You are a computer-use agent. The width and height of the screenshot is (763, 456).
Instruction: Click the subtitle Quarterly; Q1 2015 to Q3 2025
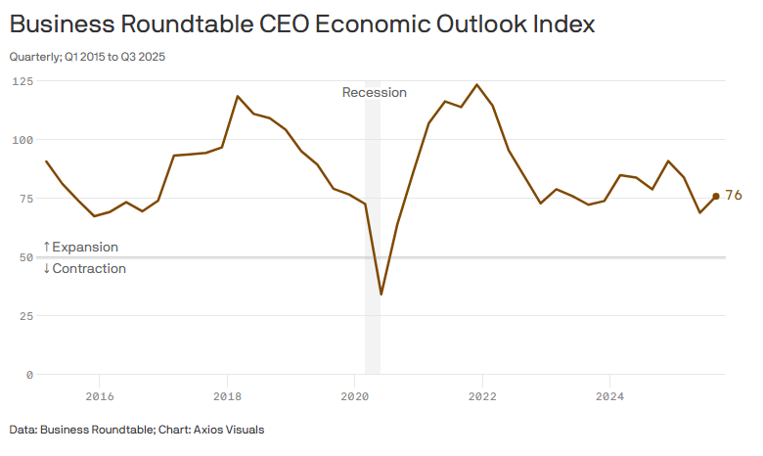point(87,57)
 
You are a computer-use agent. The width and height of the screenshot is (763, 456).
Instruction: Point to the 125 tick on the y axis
point(22,81)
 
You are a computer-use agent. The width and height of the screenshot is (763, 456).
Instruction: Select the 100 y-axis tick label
point(22,140)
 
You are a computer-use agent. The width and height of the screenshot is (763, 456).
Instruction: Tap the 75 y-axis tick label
point(24,199)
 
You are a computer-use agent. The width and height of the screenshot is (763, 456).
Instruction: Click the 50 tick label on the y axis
point(24,257)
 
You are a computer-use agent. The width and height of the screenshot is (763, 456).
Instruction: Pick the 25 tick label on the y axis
point(24,316)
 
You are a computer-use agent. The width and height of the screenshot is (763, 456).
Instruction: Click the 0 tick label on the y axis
point(29,375)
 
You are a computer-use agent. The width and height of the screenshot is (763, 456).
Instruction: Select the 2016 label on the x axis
point(100,396)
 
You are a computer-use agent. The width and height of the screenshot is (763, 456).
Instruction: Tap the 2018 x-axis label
point(227,396)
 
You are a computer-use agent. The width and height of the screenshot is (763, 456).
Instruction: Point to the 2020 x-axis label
point(355,396)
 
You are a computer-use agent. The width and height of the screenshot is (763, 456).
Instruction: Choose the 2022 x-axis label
point(482,396)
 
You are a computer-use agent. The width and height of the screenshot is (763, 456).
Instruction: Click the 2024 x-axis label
point(610,396)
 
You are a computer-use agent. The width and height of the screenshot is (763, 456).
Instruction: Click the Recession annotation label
point(374,93)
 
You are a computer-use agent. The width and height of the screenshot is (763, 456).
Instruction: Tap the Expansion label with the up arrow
point(80,247)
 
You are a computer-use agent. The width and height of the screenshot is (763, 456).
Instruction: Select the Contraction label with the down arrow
point(84,268)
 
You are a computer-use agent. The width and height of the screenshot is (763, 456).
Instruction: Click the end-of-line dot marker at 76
point(716,196)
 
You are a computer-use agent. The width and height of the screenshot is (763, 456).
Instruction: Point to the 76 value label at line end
point(734,196)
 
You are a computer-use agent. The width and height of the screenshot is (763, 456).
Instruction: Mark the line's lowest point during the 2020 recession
point(381,295)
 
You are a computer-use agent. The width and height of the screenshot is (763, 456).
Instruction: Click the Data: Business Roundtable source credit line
point(137,430)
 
